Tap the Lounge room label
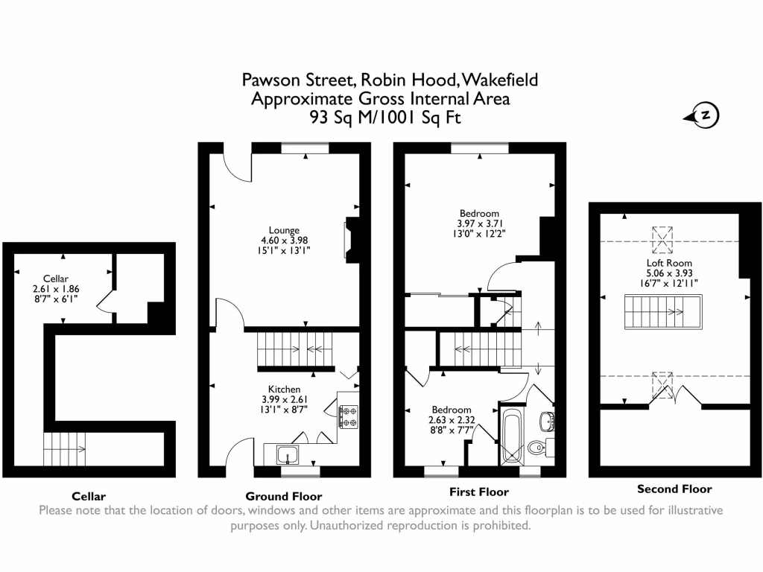(x=285, y=230)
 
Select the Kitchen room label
(x=285, y=389)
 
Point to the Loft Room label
(x=669, y=263)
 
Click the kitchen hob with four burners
(x=348, y=416)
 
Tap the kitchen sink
(x=286, y=453)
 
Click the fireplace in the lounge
(x=349, y=241)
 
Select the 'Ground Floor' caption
(x=284, y=496)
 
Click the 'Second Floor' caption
(x=674, y=489)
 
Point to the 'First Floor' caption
(x=479, y=492)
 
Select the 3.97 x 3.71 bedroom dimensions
(x=478, y=223)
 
